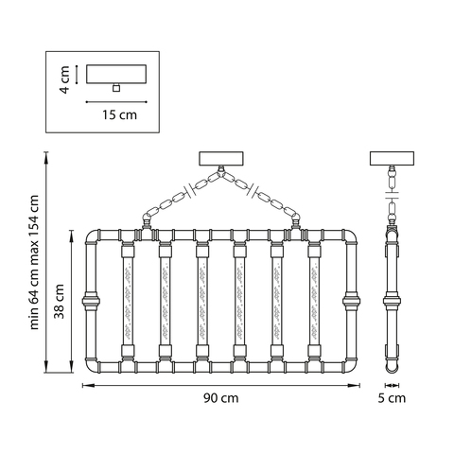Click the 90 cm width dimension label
click(x=220, y=398)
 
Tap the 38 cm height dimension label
click(x=59, y=302)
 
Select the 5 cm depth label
click(x=392, y=398)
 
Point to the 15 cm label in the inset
click(x=119, y=114)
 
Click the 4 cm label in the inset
click(x=64, y=79)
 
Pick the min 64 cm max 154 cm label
click(x=34, y=262)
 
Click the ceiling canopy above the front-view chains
click(x=221, y=159)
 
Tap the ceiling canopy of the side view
click(x=392, y=159)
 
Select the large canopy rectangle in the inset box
click(x=116, y=74)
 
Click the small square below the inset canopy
click(x=116, y=88)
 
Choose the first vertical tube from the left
click(x=128, y=301)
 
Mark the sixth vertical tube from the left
click(x=314, y=301)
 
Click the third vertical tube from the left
click(x=202, y=301)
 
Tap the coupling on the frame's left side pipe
click(x=91, y=302)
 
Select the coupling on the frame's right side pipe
click(x=352, y=302)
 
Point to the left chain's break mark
click(x=190, y=189)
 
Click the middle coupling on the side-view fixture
click(x=392, y=301)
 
